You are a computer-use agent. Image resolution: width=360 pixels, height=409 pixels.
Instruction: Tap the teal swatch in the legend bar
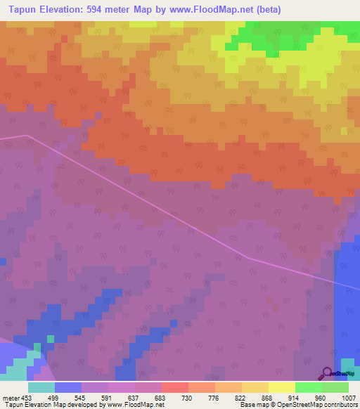coord(41,387)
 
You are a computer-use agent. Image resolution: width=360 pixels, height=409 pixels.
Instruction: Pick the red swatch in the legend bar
coord(175,387)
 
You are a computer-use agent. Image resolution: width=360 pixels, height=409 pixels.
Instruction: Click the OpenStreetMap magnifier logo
coord(327,373)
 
